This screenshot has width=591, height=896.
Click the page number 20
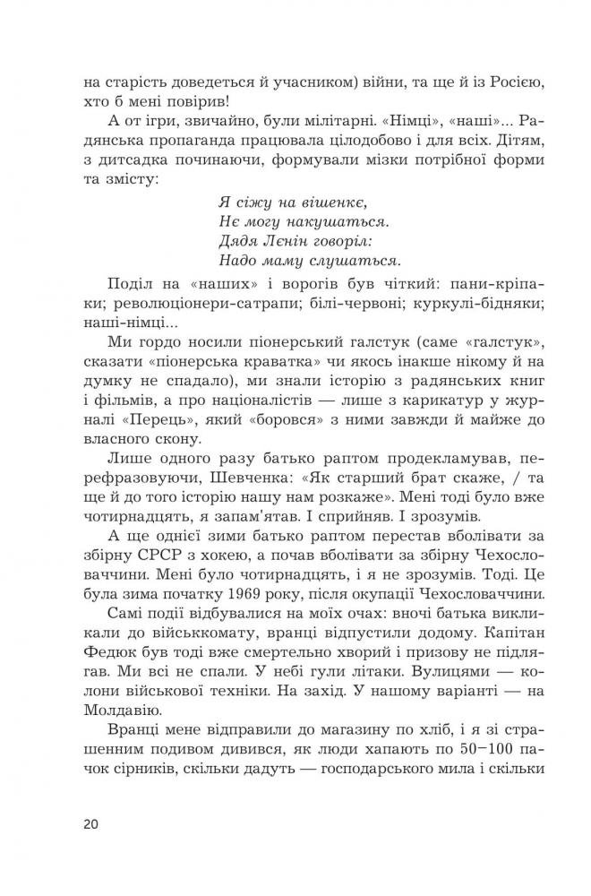[x=90, y=823]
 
